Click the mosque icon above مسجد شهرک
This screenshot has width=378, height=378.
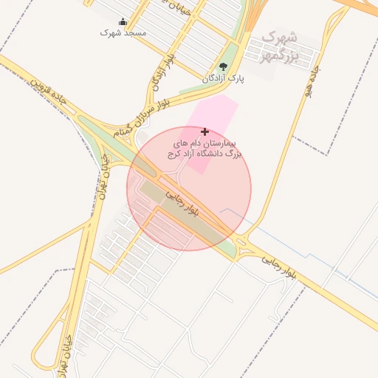coord(122,22)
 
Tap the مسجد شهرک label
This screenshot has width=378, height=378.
coord(123,33)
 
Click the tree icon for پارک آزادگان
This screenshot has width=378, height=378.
coord(223,67)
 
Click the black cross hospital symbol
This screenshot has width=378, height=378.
coord(205,131)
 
